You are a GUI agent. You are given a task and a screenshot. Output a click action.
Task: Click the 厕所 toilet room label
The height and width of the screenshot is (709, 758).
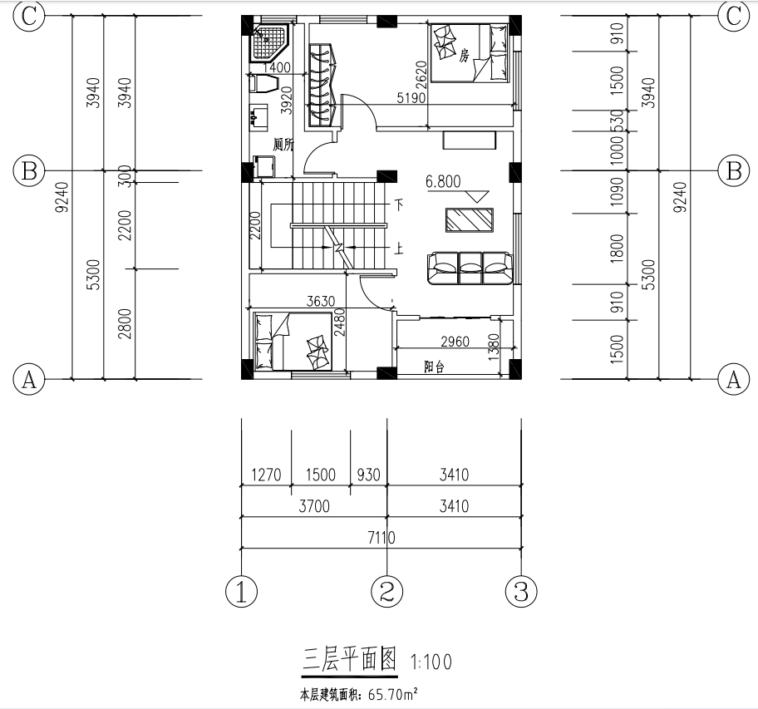click(x=283, y=144)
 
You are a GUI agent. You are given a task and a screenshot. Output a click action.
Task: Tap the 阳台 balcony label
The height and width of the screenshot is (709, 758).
click(x=434, y=367)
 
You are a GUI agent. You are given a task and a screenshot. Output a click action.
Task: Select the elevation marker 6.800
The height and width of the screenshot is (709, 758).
click(x=443, y=182)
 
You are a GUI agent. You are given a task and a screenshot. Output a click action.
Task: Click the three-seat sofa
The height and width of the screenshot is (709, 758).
click(x=470, y=268)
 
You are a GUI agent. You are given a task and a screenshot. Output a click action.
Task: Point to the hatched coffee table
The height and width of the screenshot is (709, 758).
click(x=470, y=220)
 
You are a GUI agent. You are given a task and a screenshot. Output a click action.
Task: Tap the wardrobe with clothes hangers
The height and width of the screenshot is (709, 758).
click(x=322, y=85)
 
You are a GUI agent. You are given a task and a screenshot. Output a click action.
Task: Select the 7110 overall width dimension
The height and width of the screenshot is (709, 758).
click(x=381, y=538)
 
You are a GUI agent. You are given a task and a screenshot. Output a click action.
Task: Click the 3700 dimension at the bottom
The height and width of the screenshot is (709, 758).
click(x=314, y=506)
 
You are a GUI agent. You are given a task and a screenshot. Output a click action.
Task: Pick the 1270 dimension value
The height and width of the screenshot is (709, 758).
click(x=266, y=475)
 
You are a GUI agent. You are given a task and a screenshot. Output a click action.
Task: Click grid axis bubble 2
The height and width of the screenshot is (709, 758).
click(x=386, y=591)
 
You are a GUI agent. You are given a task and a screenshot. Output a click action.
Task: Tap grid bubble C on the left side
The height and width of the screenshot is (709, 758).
click(x=28, y=16)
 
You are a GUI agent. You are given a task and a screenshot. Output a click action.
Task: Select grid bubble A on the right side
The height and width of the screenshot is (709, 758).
click(x=734, y=379)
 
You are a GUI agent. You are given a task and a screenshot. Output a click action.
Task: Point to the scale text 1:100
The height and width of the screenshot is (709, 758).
click(x=431, y=662)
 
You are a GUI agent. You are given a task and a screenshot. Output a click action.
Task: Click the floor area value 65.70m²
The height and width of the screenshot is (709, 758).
click(x=392, y=695)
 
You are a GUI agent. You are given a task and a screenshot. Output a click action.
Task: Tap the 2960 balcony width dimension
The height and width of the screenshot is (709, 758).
click(x=455, y=342)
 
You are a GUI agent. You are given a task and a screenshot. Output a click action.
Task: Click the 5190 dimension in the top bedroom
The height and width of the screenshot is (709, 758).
click(x=411, y=98)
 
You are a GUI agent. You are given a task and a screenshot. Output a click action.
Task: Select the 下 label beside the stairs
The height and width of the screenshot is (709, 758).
click(x=398, y=204)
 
